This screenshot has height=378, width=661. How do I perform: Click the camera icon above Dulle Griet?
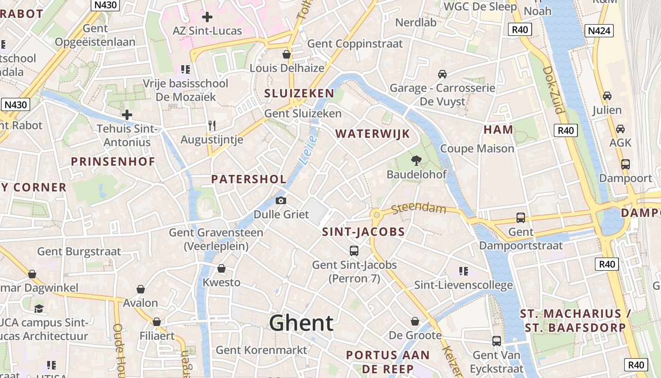pos(281,201)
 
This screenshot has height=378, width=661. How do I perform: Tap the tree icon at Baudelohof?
pos(416,161)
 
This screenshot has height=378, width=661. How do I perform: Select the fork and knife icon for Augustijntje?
pos(212,126)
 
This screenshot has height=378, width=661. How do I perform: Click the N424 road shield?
pos(600,31)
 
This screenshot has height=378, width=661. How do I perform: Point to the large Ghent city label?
pos(301,323)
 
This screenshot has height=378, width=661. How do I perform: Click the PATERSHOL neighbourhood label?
pos(249,180)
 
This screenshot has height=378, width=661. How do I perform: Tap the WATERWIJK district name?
pos(373,134)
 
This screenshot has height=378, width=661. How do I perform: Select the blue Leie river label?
pos(308,150)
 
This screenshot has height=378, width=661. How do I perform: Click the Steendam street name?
pos(418,208)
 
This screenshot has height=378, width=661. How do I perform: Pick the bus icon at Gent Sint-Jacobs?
pos(354,251)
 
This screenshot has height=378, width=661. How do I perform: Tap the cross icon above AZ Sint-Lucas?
pos(207,17)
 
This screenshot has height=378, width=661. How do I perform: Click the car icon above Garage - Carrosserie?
pos(442,74)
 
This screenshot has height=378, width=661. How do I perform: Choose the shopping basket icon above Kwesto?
pos(221,269)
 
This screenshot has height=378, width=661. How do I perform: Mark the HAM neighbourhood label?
pos(498,129)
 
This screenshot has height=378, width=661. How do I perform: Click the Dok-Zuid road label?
pos(553,90)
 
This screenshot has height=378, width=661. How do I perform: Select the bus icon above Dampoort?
pos(626,164)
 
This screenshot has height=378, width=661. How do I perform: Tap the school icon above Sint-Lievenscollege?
pos(463,271)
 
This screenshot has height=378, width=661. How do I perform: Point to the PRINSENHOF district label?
pos(113,162)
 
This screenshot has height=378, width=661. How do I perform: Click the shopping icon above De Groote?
pos(415,322)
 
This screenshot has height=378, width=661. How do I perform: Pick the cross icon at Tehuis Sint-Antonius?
pos(127,115)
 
